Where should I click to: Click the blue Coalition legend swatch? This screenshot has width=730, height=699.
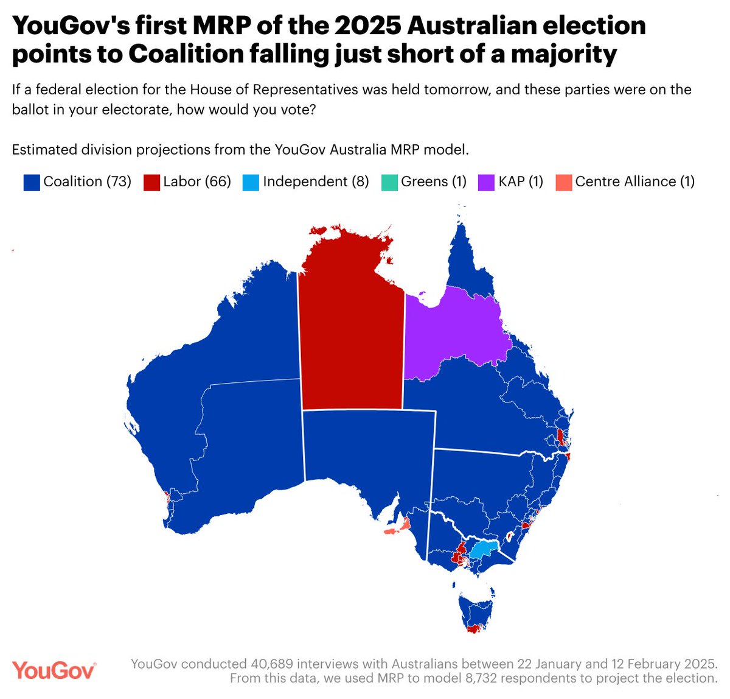click(x=32, y=182)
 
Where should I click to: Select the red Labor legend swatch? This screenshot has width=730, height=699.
click(x=151, y=182)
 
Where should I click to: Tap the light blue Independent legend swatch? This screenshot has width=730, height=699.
click(x=251, y=182)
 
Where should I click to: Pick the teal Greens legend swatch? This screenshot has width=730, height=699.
click(x=389, y=182)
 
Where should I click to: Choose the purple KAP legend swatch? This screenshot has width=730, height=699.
click(x=486, y=182)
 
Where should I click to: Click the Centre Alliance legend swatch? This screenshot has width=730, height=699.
click(x=564, y=182)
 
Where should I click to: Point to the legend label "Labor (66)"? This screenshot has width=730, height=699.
click(x=197, y=181)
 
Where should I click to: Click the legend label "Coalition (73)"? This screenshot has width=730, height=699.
click(x=88, y=181)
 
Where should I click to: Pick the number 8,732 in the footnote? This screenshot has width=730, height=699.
click(x=447, y=678)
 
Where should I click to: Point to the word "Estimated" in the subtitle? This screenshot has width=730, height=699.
click(x=43, y=149)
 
